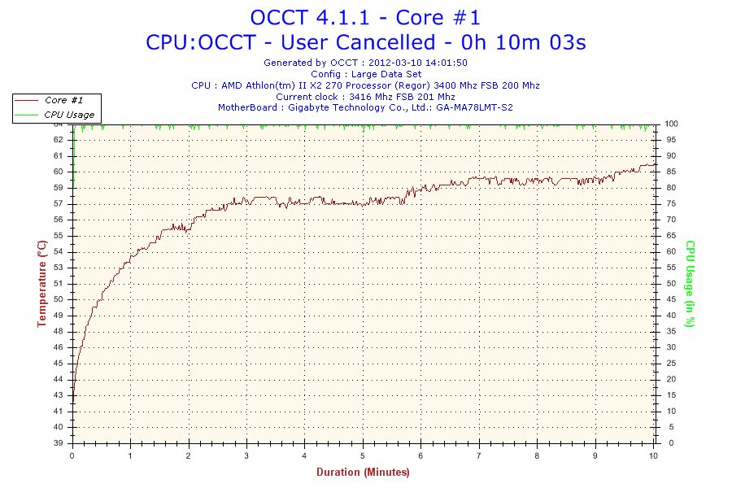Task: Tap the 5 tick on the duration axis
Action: [x=362, y=455]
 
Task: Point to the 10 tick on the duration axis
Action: [x=653, y=455]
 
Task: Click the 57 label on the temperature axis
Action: [x=58, y=204]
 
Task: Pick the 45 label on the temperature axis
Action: [x=58, y=364]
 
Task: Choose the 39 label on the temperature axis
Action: [x=58, y=443]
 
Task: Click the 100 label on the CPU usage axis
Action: [x=671, y=124]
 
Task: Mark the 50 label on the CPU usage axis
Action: [x=671, y=284]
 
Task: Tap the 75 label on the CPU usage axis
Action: [x=671, y=203]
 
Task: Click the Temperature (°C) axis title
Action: [x=42, y=284]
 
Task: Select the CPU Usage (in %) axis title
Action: [x=691, y=284]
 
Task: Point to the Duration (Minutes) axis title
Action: [x=363, y=472]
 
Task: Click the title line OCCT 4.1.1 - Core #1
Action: [x=365, y=18]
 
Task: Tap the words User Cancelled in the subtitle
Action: [x=358, y=42]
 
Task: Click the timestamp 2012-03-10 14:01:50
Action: [x=418, y=63]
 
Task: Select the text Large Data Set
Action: [x=386, y=74]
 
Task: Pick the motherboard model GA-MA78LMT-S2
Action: [x=474, y=107]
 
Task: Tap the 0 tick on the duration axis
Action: [x=72, y=455]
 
